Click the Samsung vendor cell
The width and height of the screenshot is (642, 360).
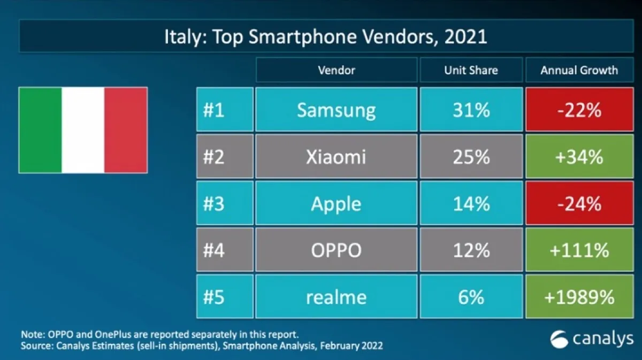tap(336, 110)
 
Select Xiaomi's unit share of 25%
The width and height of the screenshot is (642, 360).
tap(471, 157)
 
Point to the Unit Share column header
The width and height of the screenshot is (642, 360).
tap(471, 70)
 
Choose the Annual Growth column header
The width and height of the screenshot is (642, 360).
tap(579, 70)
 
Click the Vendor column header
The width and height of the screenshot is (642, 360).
tap(336, 70)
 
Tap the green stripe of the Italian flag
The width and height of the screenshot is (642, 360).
tap(40, 130)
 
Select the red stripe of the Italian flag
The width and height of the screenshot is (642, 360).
tap(126, 130)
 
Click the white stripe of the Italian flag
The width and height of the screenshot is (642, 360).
tap(83, 130)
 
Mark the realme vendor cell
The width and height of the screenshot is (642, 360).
tap(336, 297)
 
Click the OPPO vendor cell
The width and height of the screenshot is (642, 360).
tap(336, 250)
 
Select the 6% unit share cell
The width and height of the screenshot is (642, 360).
tap(471, 297)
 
